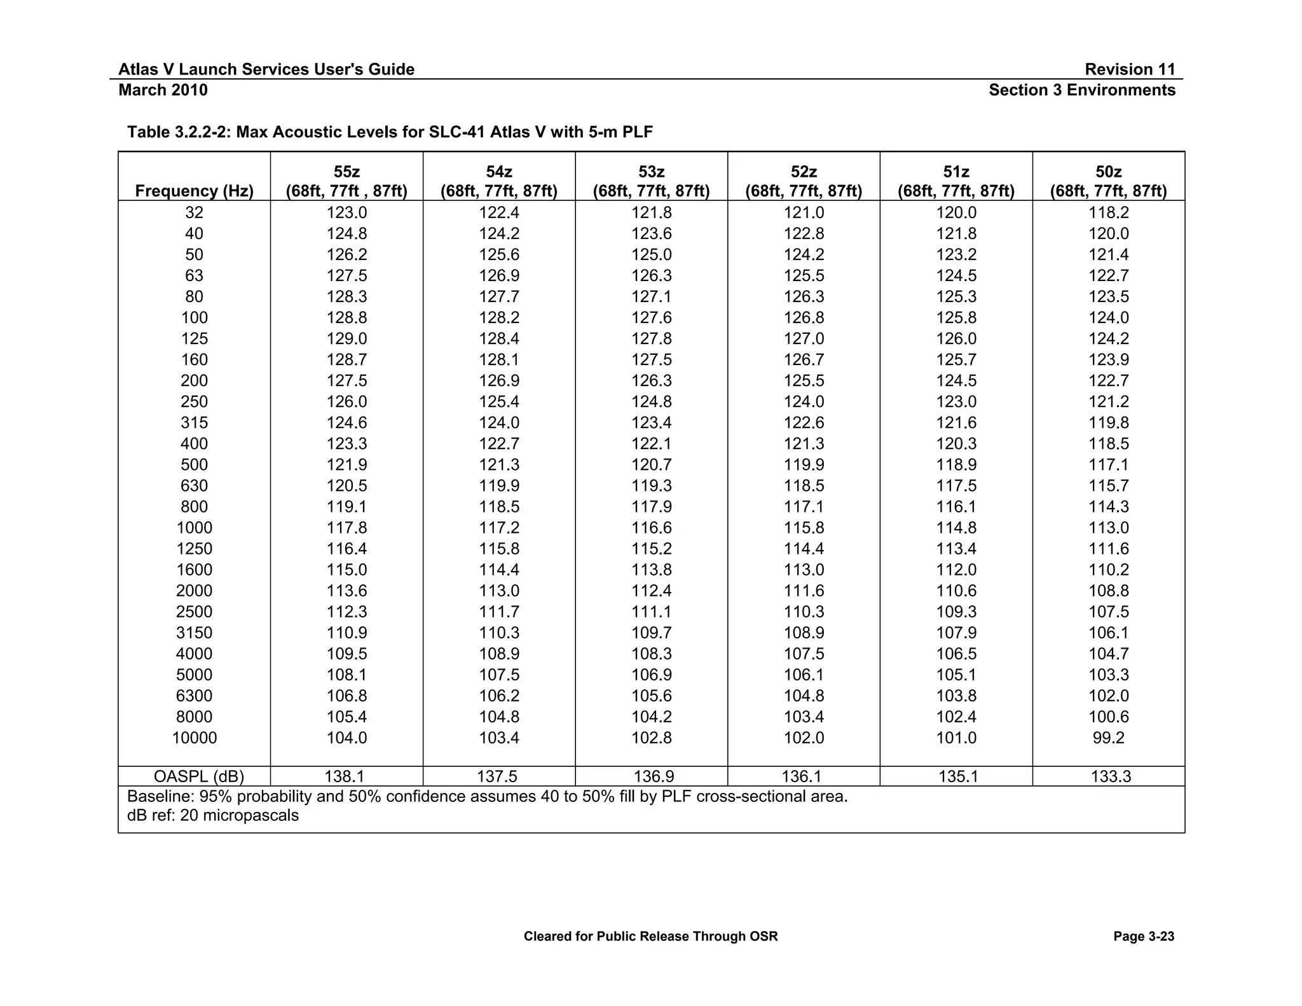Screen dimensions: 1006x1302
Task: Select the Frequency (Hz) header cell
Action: pyautogui.click(x=194, y=191)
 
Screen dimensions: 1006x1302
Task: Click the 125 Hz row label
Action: pyautogui.click(x=194, y=339)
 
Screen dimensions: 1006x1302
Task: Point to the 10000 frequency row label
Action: pyautogui.click(x=194, y=738)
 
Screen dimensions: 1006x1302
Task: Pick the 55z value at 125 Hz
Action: pyautogui.click(x=346, y=339)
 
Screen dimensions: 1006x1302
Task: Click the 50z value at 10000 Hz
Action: pyautogui.click(x=1108, y=738)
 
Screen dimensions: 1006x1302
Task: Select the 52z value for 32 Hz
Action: pyautogui.click(x=804, y=213)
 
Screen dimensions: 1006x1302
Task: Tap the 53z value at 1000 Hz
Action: pyautogui.click(x=651, y=528)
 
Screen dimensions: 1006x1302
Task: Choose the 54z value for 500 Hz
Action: pyautogui.click(x=498, y=465)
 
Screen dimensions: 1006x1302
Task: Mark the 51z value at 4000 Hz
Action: pyautogui.click(x=956, y=654)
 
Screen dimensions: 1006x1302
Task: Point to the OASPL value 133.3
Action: pyautogui.click(x=1111, y=776)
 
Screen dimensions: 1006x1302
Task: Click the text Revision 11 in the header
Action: pyautogui.click(x=1130, y=69)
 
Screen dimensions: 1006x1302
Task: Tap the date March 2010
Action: pyautogui.click(x=163, y=90)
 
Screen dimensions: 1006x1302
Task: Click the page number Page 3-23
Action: pyautogui.click(x=1143, y=937)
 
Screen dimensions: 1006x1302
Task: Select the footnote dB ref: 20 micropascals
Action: pyautogui.click(x=212, y=816)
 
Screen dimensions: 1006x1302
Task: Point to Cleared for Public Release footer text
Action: pyautogui.click(x=650, y=937)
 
